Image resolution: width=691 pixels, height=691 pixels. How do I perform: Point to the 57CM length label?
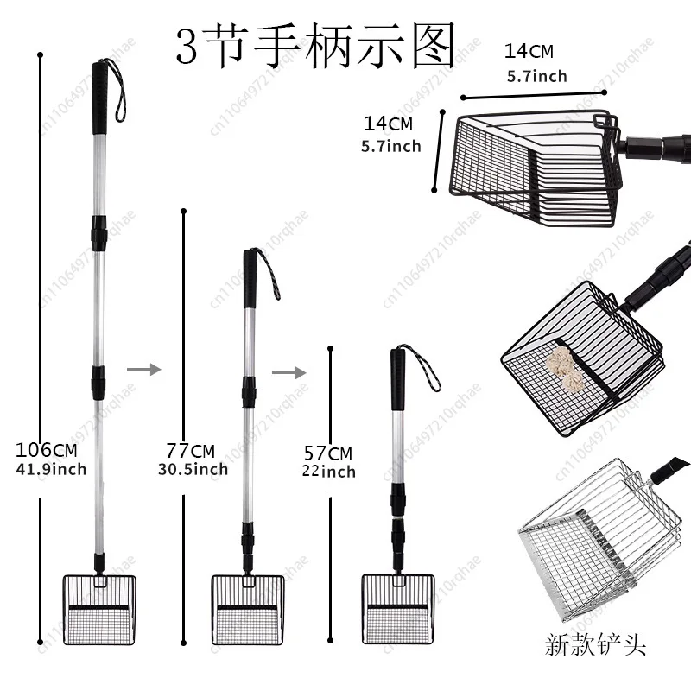coord(328,453)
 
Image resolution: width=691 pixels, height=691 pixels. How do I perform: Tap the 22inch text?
coord(328,472)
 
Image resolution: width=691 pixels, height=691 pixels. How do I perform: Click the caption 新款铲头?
coord(595,645)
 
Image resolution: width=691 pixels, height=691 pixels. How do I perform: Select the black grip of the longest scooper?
coord(100,92)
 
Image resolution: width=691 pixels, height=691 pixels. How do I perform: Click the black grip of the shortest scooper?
coord(398,378)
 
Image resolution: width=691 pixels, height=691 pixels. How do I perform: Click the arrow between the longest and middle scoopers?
coord(143,369)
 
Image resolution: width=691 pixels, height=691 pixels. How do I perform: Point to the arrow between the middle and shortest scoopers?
coord(288,372)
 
